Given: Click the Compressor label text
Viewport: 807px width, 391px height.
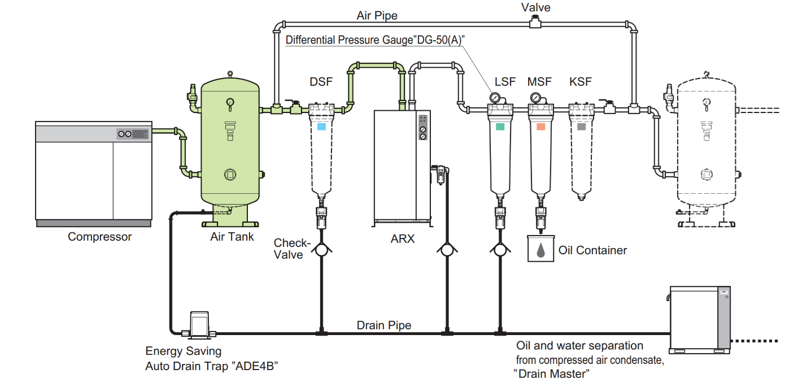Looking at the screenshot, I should (x=99, y=237).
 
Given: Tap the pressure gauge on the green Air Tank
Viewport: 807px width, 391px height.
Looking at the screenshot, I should (x=230, y=102).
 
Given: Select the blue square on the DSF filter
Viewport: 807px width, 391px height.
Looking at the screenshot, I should (x=321, y=127).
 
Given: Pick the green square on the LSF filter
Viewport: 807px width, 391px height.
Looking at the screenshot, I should (x=500, y=127).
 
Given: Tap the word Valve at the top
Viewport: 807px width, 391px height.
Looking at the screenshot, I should (x=535, y=7).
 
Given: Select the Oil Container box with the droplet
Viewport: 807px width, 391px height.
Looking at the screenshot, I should (x=541, y=249).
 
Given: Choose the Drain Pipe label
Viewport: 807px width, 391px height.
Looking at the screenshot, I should (x=383, y=325).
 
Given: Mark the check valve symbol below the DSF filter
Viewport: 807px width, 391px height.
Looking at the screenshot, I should (x=321, y=249).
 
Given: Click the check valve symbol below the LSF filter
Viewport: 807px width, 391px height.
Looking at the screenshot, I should (x=500, y=249).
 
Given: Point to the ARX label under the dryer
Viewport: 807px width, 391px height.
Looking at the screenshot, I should (x=402, y=239).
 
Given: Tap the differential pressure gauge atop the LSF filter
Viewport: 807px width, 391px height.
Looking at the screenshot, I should (x=495, y=98).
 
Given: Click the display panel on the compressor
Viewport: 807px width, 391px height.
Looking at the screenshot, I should (x=132, y=134).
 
